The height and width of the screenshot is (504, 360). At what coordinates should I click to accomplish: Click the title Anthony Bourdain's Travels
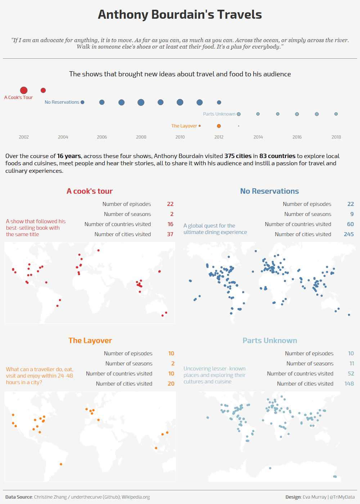180,14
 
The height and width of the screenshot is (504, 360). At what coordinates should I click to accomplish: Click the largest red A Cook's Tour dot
24,90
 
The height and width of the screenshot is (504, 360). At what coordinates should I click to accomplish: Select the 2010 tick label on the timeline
180,137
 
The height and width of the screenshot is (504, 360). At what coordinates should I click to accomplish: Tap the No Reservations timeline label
62,102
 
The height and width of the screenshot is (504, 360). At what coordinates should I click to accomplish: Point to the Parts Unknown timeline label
219,114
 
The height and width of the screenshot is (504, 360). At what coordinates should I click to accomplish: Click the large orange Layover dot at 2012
219,126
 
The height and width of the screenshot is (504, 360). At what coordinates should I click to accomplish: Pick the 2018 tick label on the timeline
336,137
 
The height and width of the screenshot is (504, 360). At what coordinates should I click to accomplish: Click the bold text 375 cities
238,156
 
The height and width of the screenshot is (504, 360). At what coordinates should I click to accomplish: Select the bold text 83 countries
277,156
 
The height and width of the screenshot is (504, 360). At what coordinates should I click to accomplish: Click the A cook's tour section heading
90,191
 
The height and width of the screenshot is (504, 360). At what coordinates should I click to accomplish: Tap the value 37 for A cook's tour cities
170,234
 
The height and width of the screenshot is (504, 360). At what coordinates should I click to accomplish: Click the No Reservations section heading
270,191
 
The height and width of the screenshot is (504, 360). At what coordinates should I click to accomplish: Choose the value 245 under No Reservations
349,234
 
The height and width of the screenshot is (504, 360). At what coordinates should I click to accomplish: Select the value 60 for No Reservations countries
350,224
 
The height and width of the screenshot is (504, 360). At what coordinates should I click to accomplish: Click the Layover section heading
90,341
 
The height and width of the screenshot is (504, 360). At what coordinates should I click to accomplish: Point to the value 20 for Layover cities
171,384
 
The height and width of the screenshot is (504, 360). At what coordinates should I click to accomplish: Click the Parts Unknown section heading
270,341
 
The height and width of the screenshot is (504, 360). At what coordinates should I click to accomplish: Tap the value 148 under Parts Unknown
349,384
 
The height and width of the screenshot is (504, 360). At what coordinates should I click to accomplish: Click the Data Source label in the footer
19,497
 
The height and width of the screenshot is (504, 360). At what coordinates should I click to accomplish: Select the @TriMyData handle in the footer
342,497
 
